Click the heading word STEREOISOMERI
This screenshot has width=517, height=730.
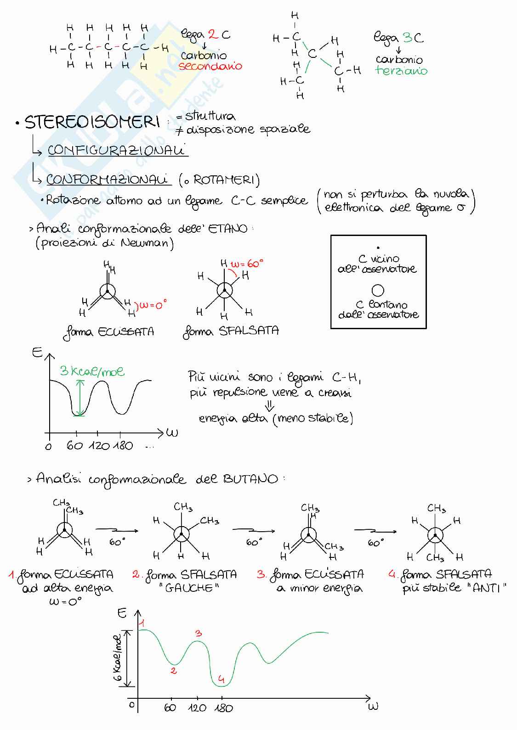pyautogui.click(x=92, y=122)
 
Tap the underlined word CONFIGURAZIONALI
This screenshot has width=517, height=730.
pyautogui.click(x=116, y=150)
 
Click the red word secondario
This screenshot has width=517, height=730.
pyautogui.click(x=210, y=66)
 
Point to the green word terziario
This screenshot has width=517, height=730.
pyautogui.click(x=401, y=70)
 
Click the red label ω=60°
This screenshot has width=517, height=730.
pyautogui.click(x=247, y=264)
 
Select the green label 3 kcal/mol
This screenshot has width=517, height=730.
pyautogui.click(x=92, y=371)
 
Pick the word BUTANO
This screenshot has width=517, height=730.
pyautogui.click(x=250, y=479)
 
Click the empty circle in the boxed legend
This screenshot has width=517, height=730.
pyautogui.click(x=378, y=290)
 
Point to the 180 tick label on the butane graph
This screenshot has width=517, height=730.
pyautogui.click(x=224, y=708)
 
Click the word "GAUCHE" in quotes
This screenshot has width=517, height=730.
pyautogui.click(x=189, y=588)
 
